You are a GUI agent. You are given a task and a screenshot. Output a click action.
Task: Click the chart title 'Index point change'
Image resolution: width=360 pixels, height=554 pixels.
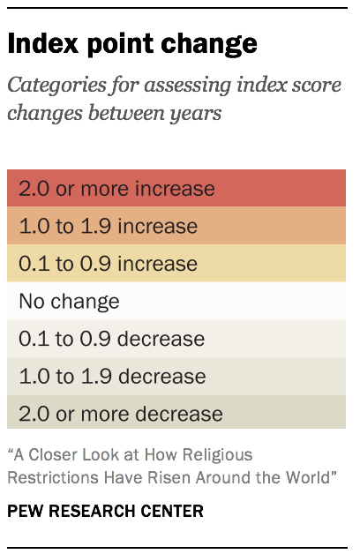tap(132, 44)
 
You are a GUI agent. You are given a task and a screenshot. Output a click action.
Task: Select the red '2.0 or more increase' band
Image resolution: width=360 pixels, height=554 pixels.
tap(176, 188)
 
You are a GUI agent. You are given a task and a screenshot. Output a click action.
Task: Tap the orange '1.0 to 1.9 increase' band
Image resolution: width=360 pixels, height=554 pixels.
tap(176, 226)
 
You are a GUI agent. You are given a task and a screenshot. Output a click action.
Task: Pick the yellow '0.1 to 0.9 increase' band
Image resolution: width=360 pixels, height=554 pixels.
tap(176, 264)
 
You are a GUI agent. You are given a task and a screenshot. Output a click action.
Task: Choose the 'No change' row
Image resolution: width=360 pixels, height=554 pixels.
tap(176, 302)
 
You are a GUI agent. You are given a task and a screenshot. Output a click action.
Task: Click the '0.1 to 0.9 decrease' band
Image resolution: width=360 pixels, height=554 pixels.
tap(176, 339)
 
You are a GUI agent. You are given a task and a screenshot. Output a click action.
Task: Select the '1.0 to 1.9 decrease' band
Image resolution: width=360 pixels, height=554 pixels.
tap(176, 377)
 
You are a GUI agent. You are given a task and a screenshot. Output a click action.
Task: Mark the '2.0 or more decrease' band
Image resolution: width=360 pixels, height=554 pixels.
tap(176, 414)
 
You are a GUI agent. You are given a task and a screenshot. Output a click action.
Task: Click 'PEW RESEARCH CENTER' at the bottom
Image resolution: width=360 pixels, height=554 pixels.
tap(105, 511)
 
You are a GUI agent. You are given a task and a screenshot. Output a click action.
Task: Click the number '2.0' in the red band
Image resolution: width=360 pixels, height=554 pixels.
tap(34, 189)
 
